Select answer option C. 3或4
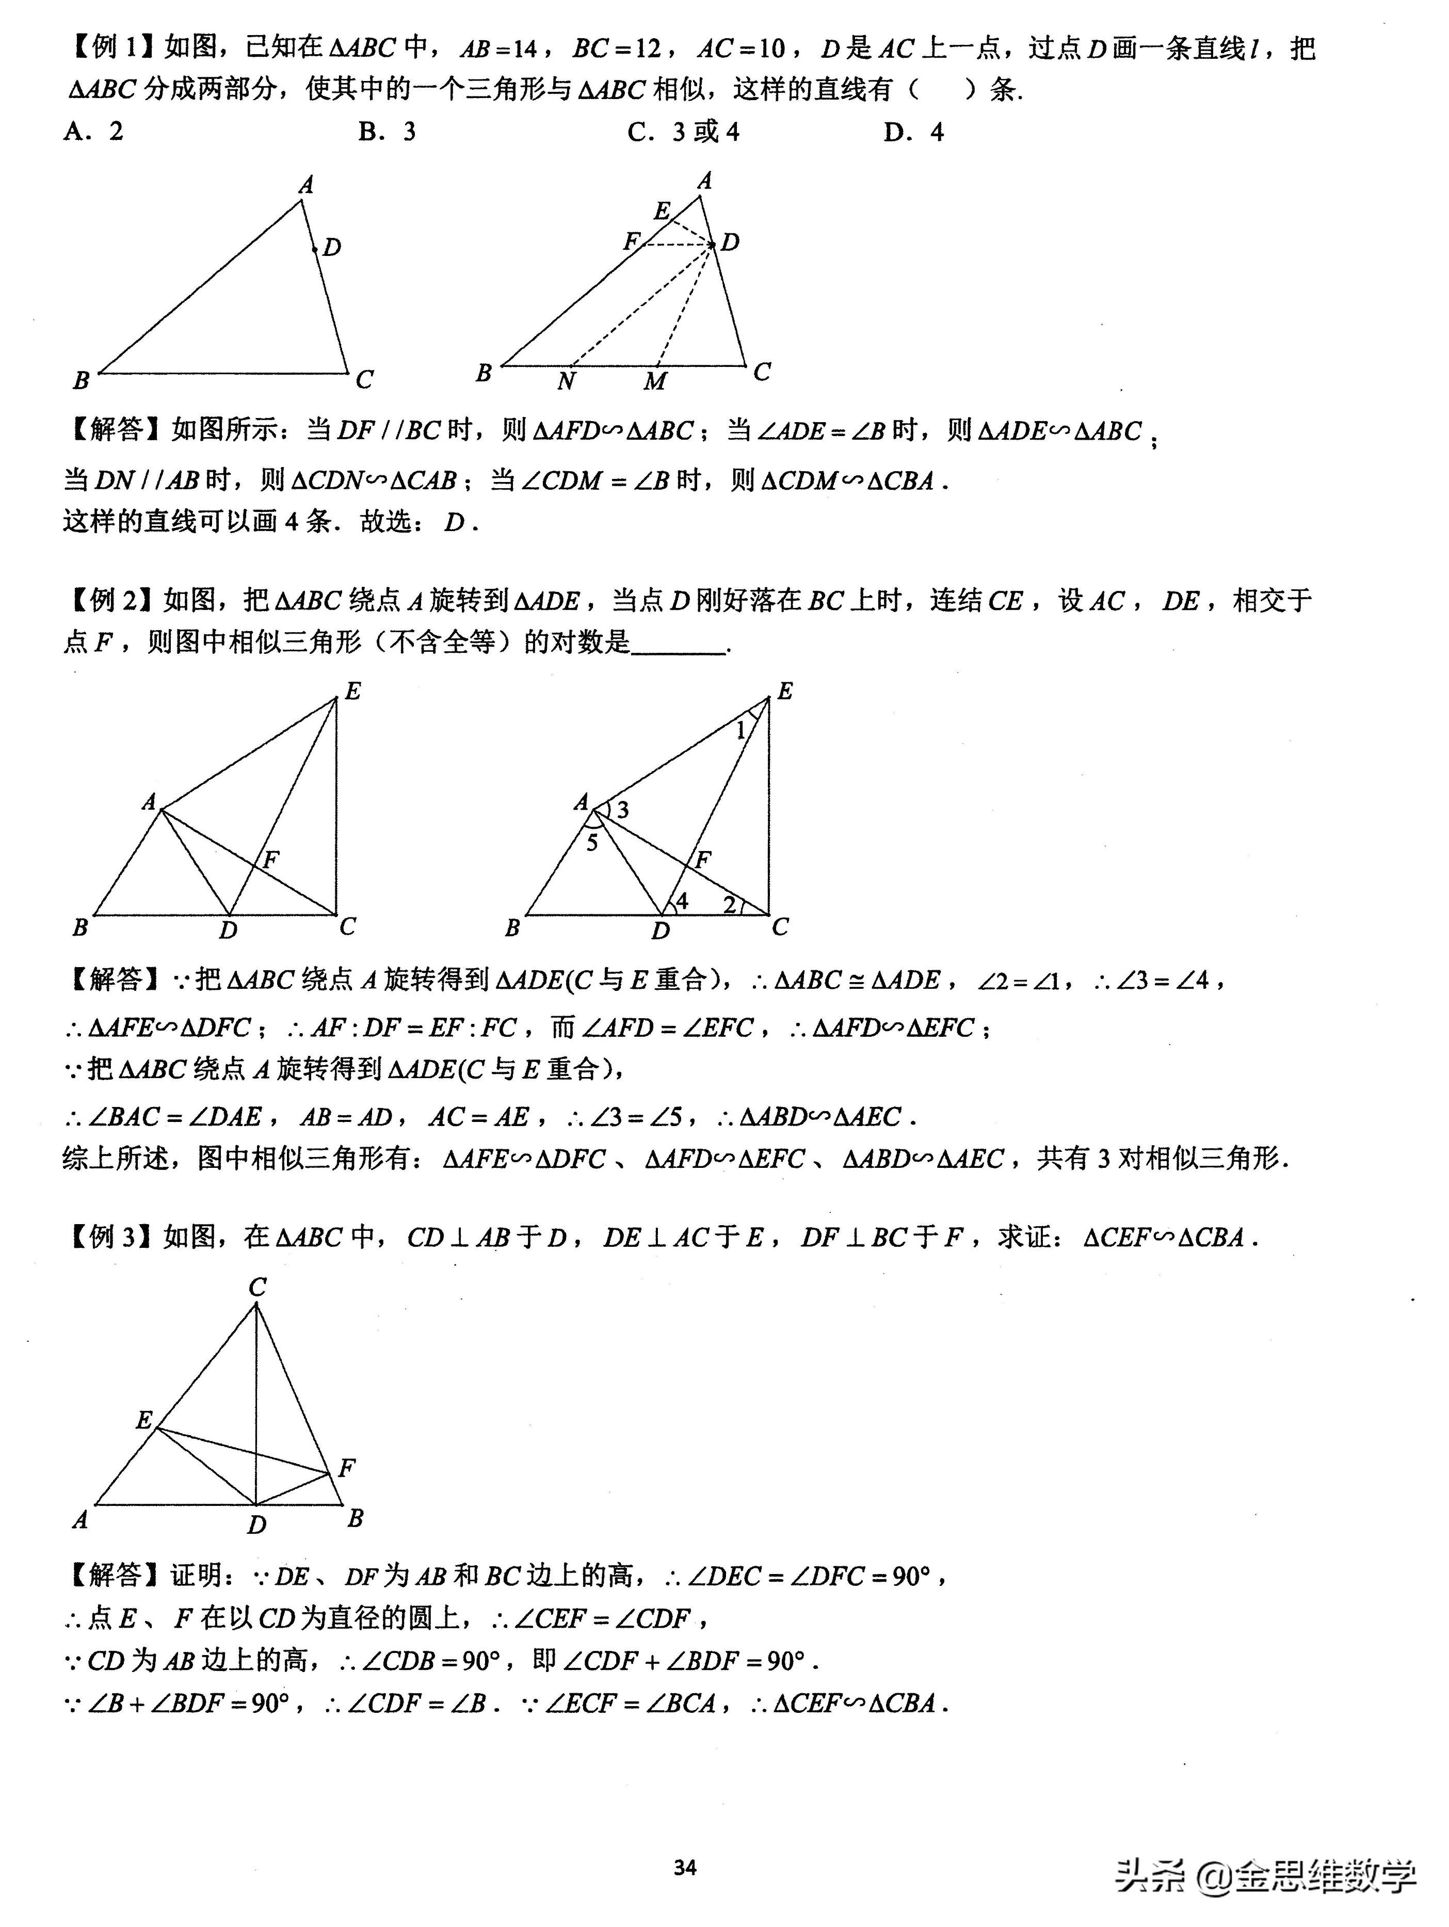(683, 132)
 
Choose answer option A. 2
(93, 132)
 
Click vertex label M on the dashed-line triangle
(655, 381)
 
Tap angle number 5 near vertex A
(592, 842)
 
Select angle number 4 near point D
(682, 901)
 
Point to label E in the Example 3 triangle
(144, 1421)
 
